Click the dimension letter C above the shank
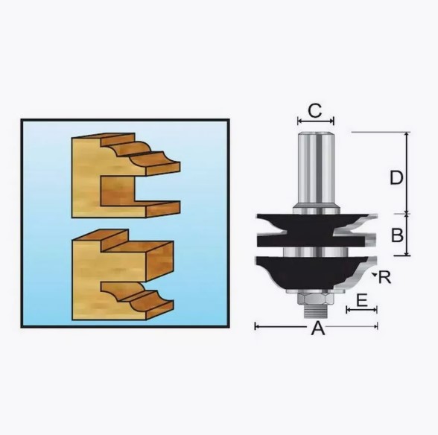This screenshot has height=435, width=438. [x=315, y=111]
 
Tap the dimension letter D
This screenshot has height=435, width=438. [x=396, y=177]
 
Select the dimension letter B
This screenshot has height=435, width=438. [x=397, y=235]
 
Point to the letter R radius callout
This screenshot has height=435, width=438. [x=385, y=277]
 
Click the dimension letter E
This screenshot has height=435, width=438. [x=362, y=301]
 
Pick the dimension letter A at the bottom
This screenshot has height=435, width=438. [x=318, y=328]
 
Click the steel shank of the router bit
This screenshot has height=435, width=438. [x=316, y=170]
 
